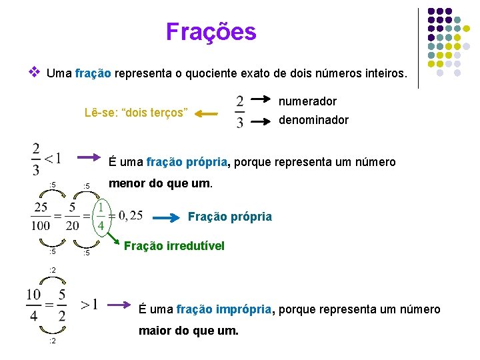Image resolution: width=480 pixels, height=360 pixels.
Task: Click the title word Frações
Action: pyautogui.click(x=211, y=31)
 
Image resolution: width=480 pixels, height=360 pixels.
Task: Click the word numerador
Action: pyautogui.click(x=307, y=101)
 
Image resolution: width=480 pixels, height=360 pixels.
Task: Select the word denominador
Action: pyautogui.click(x=313, y=120)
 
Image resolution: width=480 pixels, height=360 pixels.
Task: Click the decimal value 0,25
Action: pyautogui.click(x=127, y=215)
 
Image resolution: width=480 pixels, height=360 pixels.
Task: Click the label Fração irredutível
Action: pyautogui.click(x=174, y=246)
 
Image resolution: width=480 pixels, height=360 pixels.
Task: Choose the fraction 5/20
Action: pyautogui.click(x=72, y=217)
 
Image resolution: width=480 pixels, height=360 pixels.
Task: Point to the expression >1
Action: pyautogui.click(x=89, y=305)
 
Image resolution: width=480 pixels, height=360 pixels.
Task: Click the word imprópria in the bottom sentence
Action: pyautogui.click(x=238, y=309)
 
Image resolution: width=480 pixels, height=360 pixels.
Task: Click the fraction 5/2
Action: pyautogui.click(x=61, y=305)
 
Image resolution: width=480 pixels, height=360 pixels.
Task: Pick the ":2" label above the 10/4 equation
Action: pyautogui.click(x=53, y=269)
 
